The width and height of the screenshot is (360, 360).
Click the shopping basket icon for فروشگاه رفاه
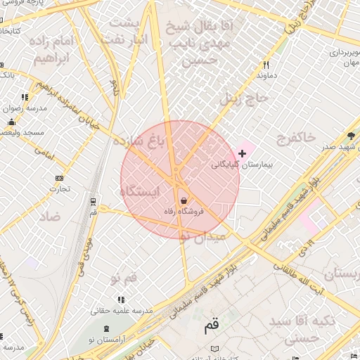coord(184,200)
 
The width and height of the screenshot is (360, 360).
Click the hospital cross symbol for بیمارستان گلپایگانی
coord(243,153)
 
